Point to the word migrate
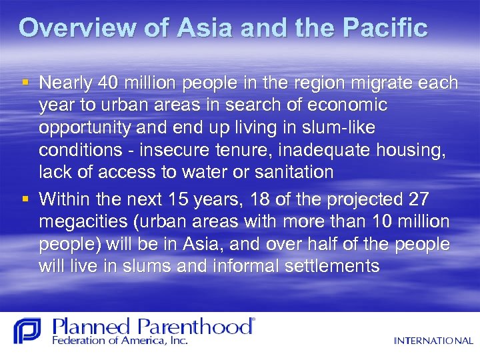pyautogui.click(x=379, y=83)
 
